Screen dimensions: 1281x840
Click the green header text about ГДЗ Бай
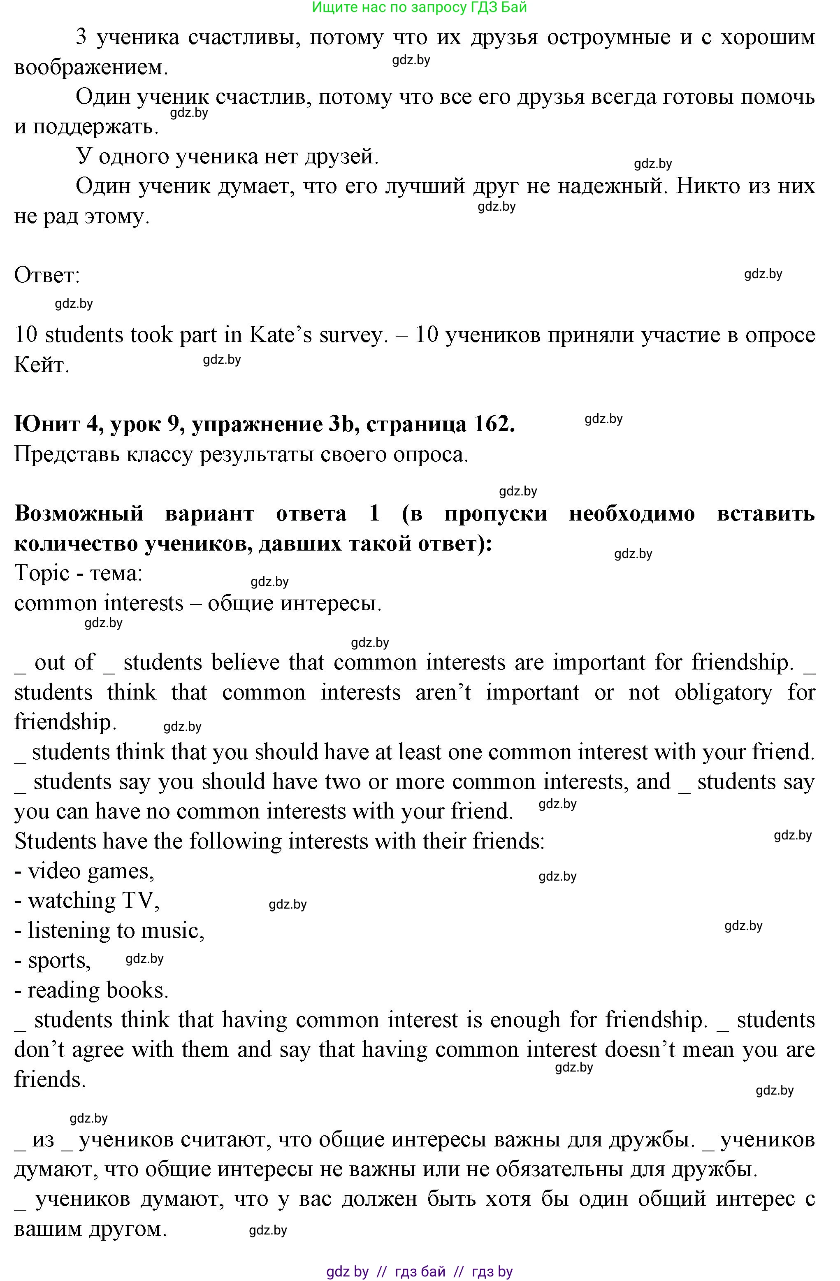tap(419, 7)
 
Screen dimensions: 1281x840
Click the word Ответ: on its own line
tap(47, 276)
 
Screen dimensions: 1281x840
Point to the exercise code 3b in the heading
tap(342, 425)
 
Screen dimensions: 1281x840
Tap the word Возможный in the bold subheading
tap(79, 514)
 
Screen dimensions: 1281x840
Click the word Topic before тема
tap(42, 573)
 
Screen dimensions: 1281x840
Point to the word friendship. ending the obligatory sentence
tap(65, 722)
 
